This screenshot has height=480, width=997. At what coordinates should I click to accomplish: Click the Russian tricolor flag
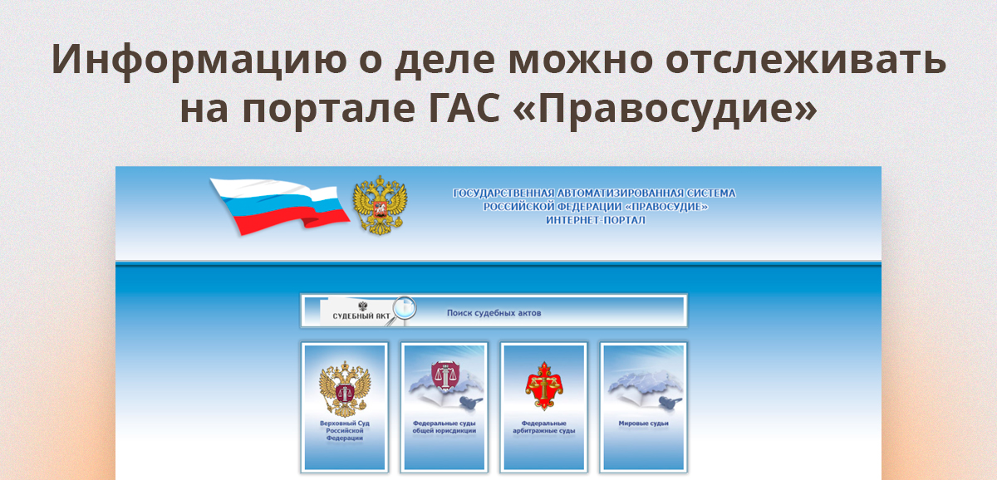click(x=278, y=204)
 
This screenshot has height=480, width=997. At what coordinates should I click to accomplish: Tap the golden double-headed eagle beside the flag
click(x=381, y=204)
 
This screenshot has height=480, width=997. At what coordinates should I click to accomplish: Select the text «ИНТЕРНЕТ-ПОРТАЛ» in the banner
click(x=595, y=220)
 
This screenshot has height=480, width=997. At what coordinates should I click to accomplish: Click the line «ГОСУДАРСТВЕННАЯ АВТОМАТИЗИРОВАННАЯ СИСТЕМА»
click(x=594, y=193)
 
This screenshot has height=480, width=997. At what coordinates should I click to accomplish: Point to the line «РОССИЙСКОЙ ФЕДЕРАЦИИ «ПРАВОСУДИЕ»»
click(x=595, y=207)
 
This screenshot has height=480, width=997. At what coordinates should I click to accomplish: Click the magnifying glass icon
click(x=405, y=307)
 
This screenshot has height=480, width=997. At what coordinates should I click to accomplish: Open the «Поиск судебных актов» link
click(x=494, y=313)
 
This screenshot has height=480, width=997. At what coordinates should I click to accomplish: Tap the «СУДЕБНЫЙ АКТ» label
click(x=361, y=317)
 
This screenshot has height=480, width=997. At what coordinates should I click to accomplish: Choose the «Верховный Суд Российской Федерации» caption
click(x=344, y=430)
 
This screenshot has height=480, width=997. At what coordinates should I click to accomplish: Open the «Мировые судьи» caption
click(x=643, y=423)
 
